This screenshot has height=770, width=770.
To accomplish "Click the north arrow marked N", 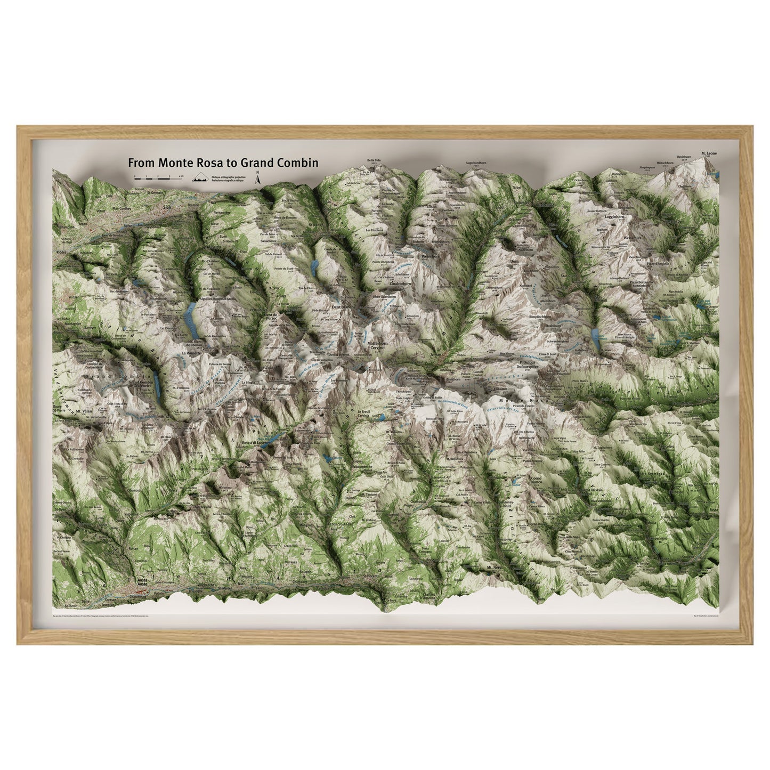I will click(257, 178).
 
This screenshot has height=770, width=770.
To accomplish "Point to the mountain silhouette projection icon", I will click(200, 179).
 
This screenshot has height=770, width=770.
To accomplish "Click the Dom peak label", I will click(514, 261).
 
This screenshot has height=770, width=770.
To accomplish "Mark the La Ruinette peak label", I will click(190, 353).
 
